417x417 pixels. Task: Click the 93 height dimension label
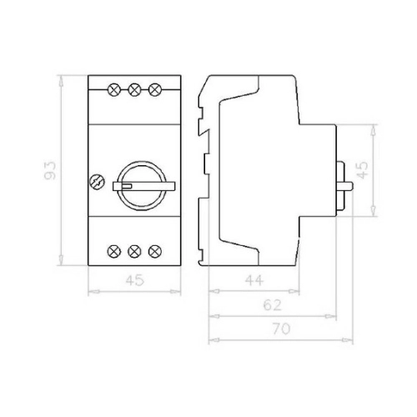(50, 170)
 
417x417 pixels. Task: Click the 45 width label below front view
(135, 280)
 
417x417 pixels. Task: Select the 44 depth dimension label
(254, 280)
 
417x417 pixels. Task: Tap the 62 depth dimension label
(273, 305)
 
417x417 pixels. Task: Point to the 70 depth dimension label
(281, 329)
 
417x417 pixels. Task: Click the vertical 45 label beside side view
(363, 170)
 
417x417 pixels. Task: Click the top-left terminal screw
(113, 89)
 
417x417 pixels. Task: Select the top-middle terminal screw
(134, 89)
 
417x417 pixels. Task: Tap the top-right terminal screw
(155, 89)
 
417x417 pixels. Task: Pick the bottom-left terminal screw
(113, 252)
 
